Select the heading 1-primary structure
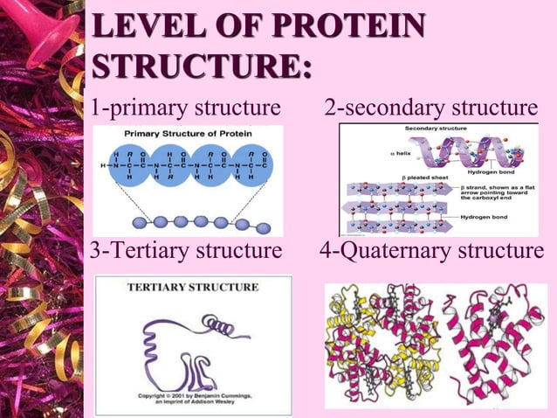pos(186,108)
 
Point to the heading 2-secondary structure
pos(430,108)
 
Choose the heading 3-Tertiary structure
pos(186,253)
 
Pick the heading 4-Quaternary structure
pos(431,253)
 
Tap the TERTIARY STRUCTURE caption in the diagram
pos(193,287)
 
